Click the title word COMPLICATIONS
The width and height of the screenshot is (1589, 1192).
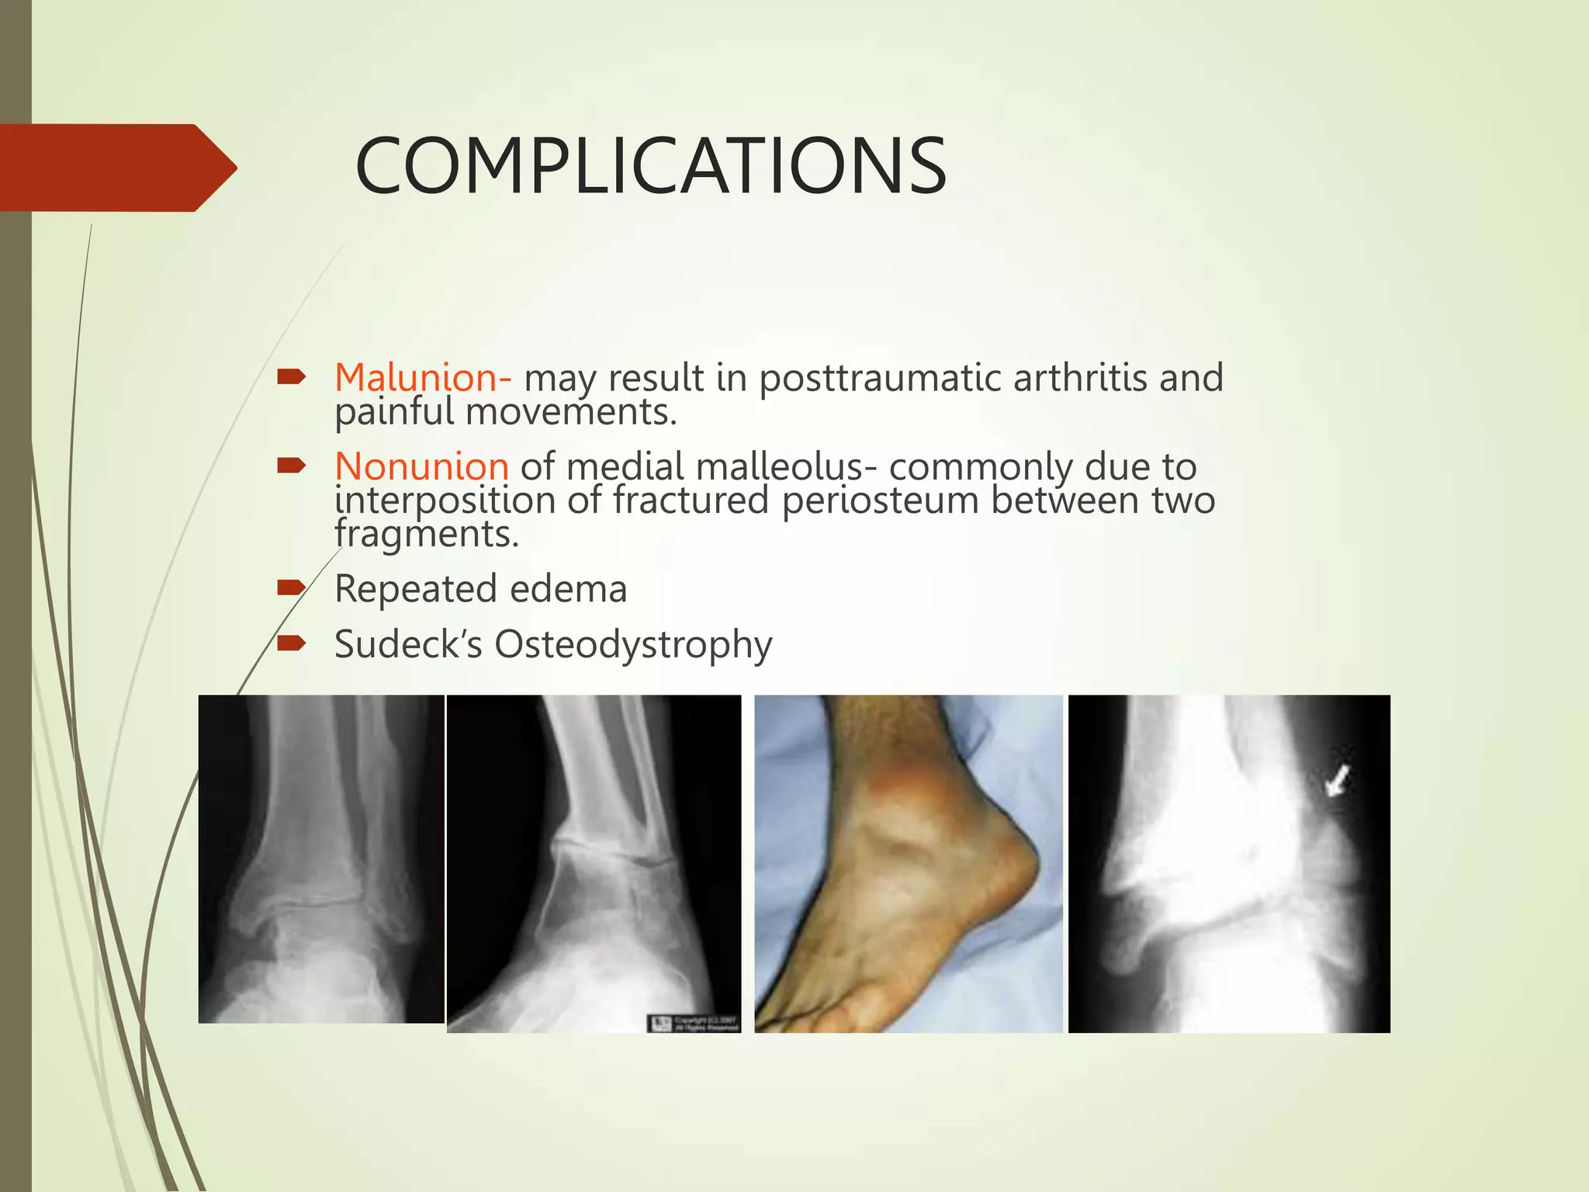650,167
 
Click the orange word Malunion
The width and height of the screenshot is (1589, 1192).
417,378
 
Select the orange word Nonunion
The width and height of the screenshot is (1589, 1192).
421,466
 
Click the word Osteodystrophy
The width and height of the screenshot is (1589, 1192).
633,645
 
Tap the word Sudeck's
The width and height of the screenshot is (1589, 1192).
408,645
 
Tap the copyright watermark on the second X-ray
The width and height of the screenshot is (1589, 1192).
693,1023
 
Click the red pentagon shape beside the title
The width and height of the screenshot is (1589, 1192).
116,168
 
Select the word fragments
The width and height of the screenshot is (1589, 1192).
426,535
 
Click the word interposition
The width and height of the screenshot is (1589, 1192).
445,501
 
